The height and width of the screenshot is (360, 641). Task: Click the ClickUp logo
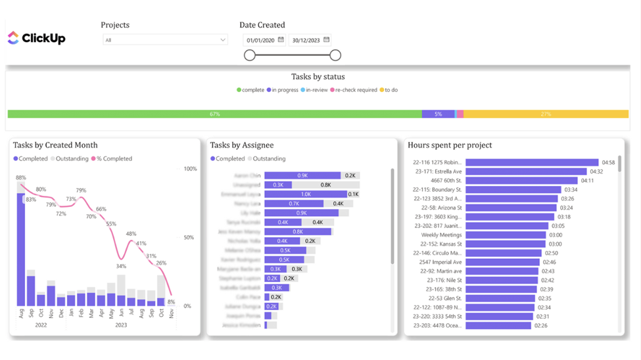36,38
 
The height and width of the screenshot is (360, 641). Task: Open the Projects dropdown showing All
165,40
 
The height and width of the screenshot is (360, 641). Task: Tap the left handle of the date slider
250,56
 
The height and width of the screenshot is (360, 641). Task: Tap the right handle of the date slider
335,56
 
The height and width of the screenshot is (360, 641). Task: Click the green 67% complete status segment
214,114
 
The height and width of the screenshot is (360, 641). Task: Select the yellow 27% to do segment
545,114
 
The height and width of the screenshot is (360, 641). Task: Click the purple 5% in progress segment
438,114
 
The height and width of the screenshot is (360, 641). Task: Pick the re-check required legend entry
356,90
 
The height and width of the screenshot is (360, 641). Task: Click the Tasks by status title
318,77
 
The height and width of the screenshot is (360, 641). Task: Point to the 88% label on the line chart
21,177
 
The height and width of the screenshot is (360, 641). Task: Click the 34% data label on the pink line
121,266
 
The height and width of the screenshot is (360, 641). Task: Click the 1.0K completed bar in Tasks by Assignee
306,194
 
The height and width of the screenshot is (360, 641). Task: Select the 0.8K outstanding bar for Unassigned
325,185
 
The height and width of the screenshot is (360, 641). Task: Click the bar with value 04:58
532,162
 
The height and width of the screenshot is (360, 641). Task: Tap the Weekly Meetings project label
442,235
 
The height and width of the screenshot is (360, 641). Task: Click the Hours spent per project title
450,145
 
